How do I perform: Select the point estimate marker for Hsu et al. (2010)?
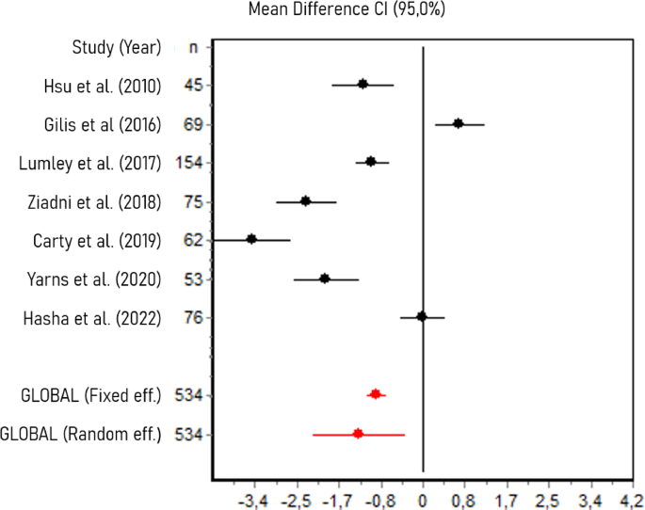(x=363, y=85)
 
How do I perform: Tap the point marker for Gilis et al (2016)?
(x=458, y=123)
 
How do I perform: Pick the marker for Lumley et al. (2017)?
(x=371, y=162)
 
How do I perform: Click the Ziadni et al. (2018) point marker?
(x=305, y=201)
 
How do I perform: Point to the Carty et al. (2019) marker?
(x=251, y=239)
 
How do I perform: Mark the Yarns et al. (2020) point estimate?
(x=325, y=279)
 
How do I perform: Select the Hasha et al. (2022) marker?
(x=422, y=317)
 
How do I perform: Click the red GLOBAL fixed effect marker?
(x=376, y=394)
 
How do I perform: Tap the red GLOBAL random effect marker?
(x=358, y=433)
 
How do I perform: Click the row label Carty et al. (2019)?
(x=90, y=240)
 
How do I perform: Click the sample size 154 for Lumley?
(x=190, y=163)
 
